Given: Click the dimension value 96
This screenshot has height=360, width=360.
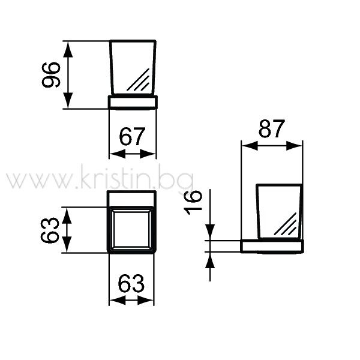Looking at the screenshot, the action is (x=51, y=74).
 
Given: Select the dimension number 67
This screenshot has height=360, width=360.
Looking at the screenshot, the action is (x=132, y=137).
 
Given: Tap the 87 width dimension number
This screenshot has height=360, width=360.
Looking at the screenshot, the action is (x=272, y=128).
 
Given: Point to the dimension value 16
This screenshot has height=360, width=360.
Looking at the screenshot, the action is (x=193, y=203).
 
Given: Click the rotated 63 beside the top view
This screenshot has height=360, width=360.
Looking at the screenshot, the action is (x=50, y=230).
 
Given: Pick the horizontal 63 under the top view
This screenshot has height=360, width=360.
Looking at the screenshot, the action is (x=131, y=283).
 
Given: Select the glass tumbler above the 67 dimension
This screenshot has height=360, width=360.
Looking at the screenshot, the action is (x=133, y=67).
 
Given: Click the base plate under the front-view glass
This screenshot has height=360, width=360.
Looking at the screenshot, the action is (x=133, y=102).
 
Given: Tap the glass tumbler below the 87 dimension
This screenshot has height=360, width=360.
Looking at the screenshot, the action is (x=280, y=211).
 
